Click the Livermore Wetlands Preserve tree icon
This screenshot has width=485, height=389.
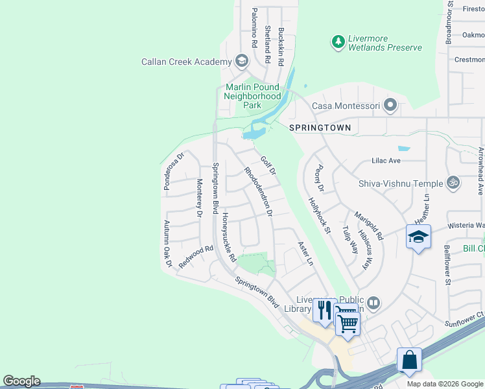point(338,42)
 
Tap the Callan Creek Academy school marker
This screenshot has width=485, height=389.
point(242,62)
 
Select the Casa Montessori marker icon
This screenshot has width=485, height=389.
point(390,105)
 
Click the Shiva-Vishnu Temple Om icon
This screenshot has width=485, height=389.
point(453,183)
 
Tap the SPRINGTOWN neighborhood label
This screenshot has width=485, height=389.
point(320,128)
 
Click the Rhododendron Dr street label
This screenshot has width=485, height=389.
point(257,191)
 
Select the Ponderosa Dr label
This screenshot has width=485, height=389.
point(174,166)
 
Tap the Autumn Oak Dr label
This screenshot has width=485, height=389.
point(167,244)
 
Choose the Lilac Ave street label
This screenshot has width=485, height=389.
point(386,160)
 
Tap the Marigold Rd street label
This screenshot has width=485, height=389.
point(369,225)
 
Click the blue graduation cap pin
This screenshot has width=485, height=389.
point(418,237)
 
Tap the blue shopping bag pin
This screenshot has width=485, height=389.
point(409,360)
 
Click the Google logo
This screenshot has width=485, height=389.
point(21,381)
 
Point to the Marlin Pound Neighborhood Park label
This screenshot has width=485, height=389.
point(252,96)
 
